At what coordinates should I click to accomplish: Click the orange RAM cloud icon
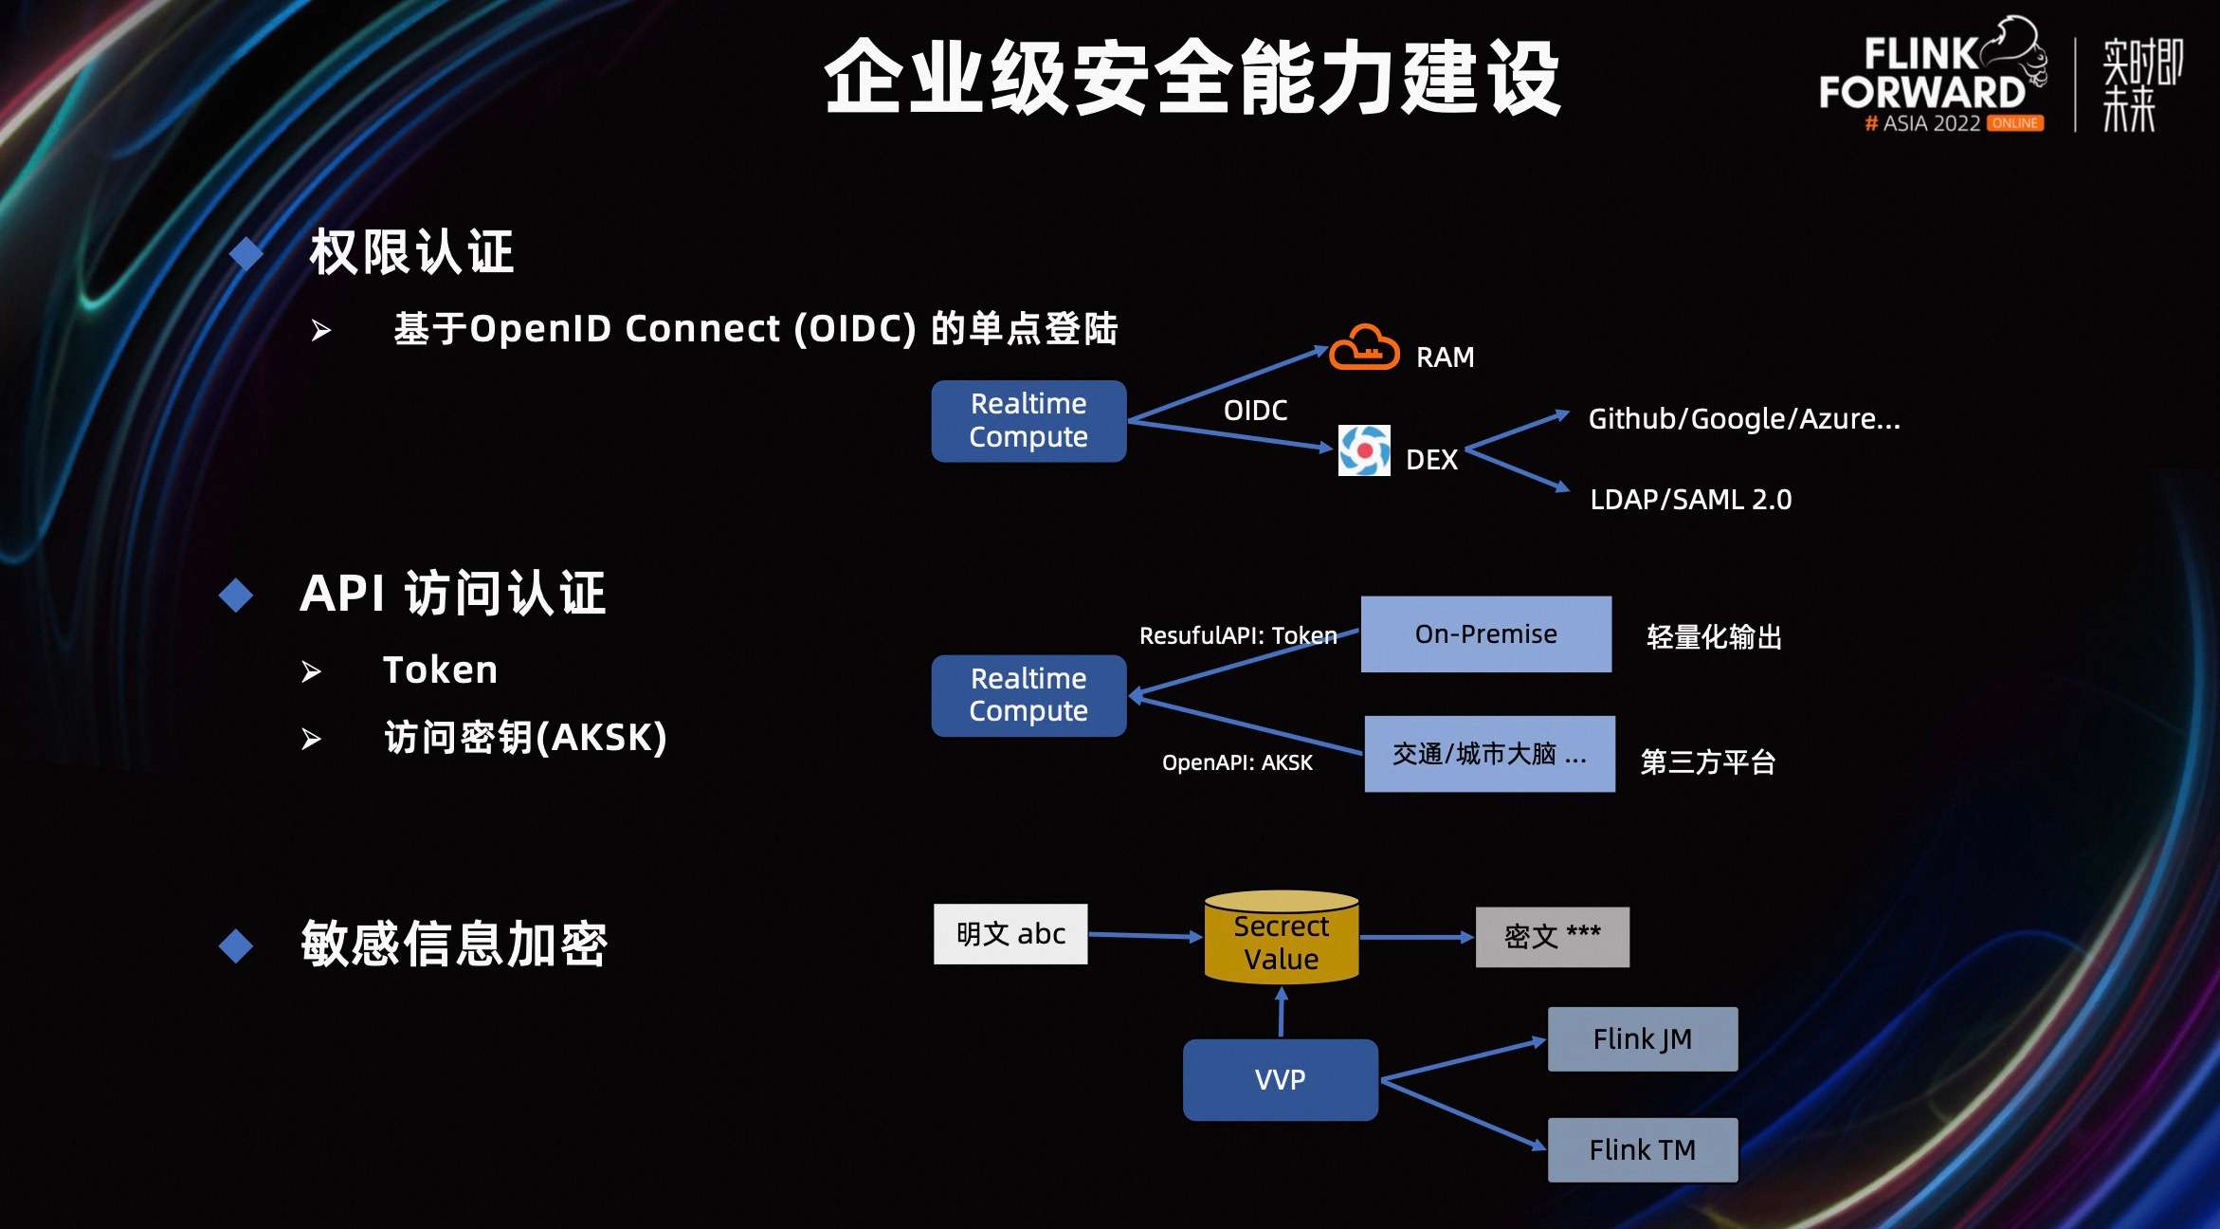pyautogui.click(x=1363, y=349)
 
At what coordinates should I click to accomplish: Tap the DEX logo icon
pyautogui.click(x=1363, y=450)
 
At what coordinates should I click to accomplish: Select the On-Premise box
pyautogui.click(x=1485, y=633)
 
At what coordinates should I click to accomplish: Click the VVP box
pyautogui.click(x=1280, y=1079)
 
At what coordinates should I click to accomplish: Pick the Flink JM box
pyautogui.click(x=1642, y=1039)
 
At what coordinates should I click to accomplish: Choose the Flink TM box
pyautogui.click(x=1642, y=1150)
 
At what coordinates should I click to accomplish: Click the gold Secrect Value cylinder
pyautogui.click(x=1282, y=938)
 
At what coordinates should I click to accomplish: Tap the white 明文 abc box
pyautogui.click(x=1010, y=934)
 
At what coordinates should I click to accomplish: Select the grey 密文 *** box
pyautogui.click(x=1552, y=937)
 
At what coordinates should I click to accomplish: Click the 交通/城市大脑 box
pyautogui.click(x=1489, y=754)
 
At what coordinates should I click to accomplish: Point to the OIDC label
pyautogui.click(x=1255, y=411)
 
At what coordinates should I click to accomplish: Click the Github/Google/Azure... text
pyautogui.click(x=1744, y=418)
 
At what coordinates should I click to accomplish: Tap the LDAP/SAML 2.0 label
pyautogui.click(x=1690, y=500)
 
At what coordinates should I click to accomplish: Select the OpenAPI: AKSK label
pyautogui.click(x=1237, y=762)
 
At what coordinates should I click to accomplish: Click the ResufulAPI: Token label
pyautogui.click(x=1238, y=635)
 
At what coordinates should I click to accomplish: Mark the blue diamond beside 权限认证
pyautogui.click(x=246, y=253)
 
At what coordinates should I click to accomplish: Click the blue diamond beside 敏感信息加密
pyautogui.click(x=236, y=945)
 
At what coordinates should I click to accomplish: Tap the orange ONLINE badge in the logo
pyautogui.click(x=2015, y=123)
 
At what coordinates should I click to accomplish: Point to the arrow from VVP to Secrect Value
pyautogui.click(x=1282, y=1012)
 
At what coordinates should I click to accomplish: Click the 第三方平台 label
pyautogui.click(x=1707, y=762)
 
